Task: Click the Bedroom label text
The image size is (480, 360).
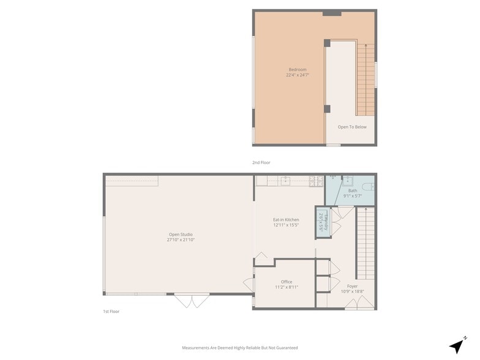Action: point(297,69)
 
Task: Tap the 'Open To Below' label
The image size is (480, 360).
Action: point(352,127)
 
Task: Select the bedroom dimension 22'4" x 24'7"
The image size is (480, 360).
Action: point(297,75)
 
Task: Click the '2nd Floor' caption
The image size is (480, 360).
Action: point(261,162)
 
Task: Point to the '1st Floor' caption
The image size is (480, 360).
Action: point(111,312)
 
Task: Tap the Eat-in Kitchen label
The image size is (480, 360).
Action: point(286,219)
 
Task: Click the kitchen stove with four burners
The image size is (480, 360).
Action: point(316,181)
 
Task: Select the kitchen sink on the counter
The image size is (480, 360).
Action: point(285,181)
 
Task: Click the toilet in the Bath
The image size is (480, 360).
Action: point(367,186)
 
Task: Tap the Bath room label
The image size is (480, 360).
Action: point(353,190)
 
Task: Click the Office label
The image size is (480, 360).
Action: point(287,282)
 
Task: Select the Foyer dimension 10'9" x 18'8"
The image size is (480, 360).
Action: point(352,291)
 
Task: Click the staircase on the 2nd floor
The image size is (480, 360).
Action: point(366,80)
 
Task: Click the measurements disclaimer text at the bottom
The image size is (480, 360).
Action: point(240,348)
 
